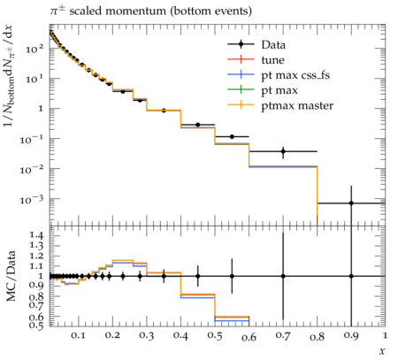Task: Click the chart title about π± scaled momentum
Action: point(150,11)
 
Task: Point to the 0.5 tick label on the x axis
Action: point(215,335)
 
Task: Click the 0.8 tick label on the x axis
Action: point(317,336)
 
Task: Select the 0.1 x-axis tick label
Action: point(78,335)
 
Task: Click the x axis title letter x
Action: point(382,351)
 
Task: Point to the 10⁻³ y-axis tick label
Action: point(32,200)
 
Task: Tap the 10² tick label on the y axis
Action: point(34,49)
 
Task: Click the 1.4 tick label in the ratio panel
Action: point(36,235)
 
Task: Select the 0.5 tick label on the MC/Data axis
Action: point(36,325)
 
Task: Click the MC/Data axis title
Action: point(11,276)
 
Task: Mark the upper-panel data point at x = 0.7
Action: point(283,151)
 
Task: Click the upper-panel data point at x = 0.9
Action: point(351,203)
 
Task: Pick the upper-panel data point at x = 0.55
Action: point(232,136)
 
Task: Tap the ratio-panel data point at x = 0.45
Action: point(198,276)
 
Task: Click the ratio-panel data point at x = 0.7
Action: point(283,276)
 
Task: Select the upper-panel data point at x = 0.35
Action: point(164,111)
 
